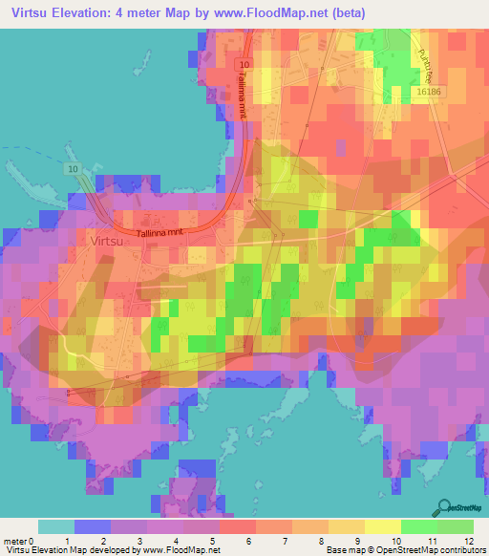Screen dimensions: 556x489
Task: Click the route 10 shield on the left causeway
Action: (x=73, y=169)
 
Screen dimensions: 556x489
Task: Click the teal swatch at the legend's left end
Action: (x=55, y=526)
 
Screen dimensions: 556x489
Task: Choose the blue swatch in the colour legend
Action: (x=93, y=526)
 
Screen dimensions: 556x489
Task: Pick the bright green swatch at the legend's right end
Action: (x=455, y=526)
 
